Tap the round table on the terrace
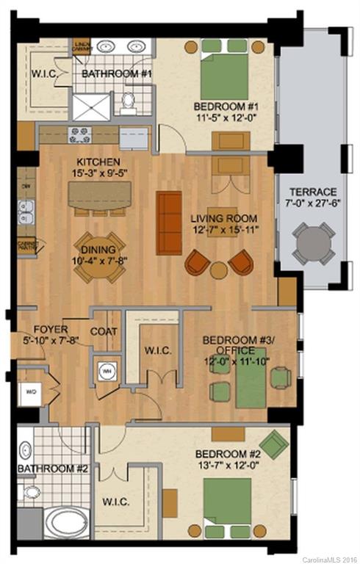[x=314, y=243]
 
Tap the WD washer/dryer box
[x=29, y=390]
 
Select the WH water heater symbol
[x=107, y=371]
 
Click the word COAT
[x=104, y=332]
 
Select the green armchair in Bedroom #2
[x=273, y=444]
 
